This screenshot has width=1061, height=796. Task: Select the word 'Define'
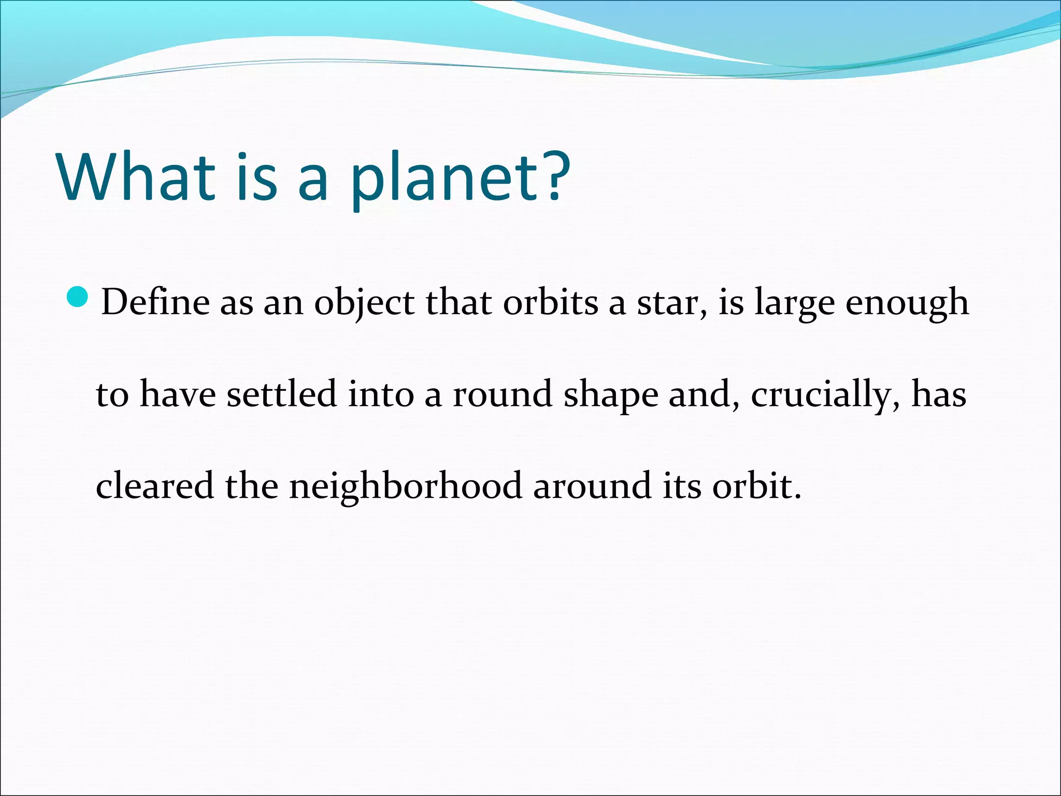coord(155,302)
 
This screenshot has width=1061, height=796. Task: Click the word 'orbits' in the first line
coord(550,302)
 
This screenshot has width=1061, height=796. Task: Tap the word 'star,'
coord(672,304)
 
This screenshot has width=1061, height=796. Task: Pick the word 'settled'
coord(282,394)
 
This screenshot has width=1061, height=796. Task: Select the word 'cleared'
coord(154,486)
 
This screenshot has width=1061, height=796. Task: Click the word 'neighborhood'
coord(405,488)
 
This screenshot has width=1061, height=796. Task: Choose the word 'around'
coord(592,487)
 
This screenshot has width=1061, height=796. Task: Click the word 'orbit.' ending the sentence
coord(756,487)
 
